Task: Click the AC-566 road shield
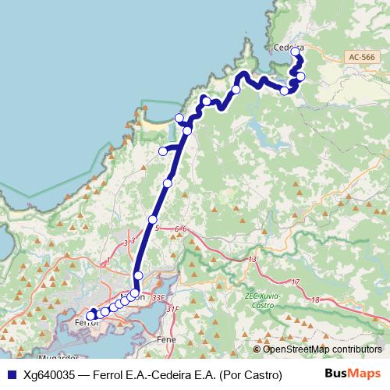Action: [x=362, y=57]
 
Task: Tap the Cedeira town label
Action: [x=287, y=47]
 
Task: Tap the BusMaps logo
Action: [x=353, y=374]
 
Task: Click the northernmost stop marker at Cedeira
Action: [x=295, y=52]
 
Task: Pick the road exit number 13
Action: [x=252, y=259]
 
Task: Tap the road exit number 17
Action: [x=294, y=282]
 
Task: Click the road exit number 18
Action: [x=314, y=299]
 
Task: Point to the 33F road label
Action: [x=159, y=297]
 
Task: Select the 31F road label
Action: [x=172, y=310]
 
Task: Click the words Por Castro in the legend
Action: [x=251, y=374]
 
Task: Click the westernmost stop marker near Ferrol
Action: [x=90, y=315]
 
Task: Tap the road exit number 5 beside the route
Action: [x=157, y=229]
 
